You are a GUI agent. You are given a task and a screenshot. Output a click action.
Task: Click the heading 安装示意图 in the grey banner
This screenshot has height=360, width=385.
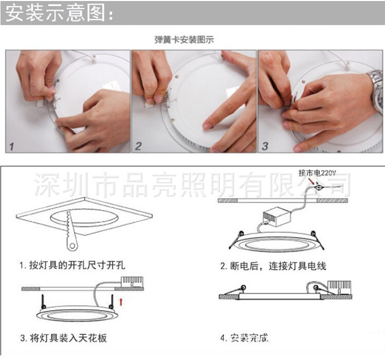(59, 14)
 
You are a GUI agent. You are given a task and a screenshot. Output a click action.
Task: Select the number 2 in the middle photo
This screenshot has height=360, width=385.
(138, 146)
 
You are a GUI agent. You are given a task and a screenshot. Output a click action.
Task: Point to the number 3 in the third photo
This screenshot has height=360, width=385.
(265, 146)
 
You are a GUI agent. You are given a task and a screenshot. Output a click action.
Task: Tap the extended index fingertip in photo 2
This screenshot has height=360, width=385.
(207, 125)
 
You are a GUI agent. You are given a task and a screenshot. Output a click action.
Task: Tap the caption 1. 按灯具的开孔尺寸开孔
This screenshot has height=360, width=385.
(72, 266)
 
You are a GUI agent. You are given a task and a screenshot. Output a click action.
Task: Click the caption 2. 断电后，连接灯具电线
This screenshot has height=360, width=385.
(273, 266)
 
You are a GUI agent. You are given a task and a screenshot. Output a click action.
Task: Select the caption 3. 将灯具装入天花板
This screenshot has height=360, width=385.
(64, 338)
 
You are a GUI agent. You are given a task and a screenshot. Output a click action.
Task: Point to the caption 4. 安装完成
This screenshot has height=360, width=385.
(245, 338)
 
